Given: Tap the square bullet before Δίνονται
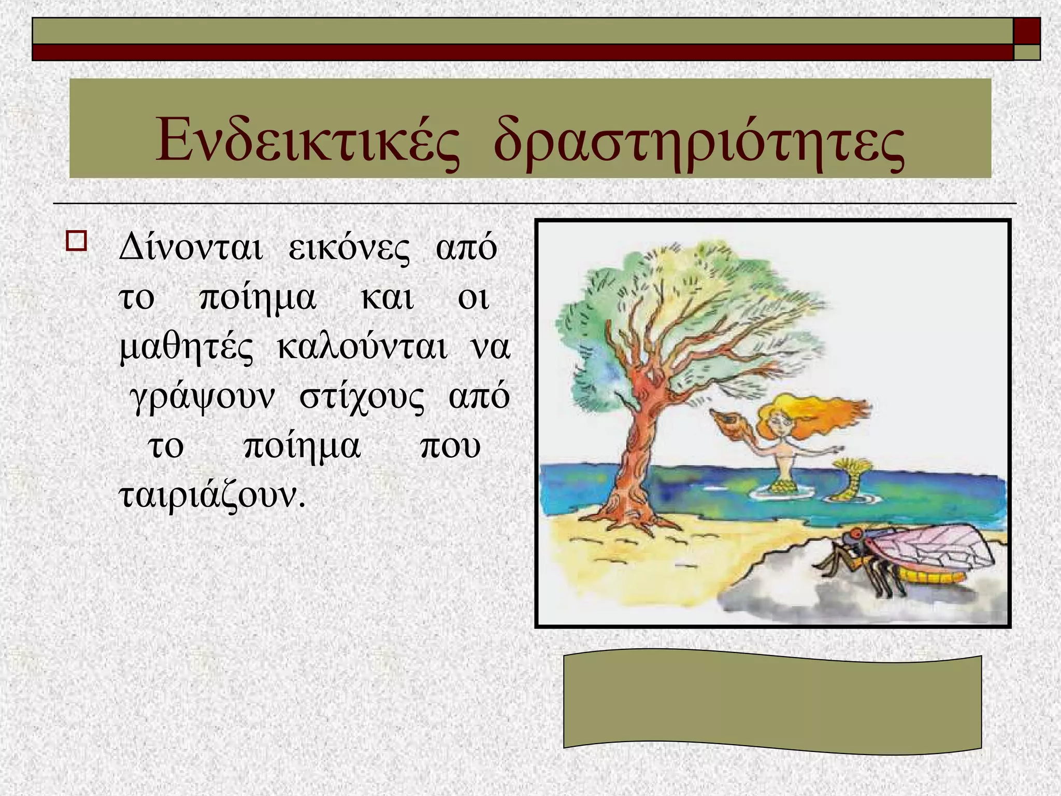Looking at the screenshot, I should pyautogui.click(x=76, y=241).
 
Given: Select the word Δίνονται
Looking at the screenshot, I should pyautogui.click(x=191, y=248).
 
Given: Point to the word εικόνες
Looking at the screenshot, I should pyautogui.click(x=349, y=248).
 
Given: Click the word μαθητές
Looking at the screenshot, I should pyautogui.click(x=187, y=347).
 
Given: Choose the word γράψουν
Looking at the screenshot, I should pyautogui.click(x=202, y=397).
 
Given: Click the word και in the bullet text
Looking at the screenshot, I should pyautogui.click(x=387, y=297).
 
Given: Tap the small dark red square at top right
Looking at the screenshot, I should pyautogui.click(x=1027, y=31).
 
